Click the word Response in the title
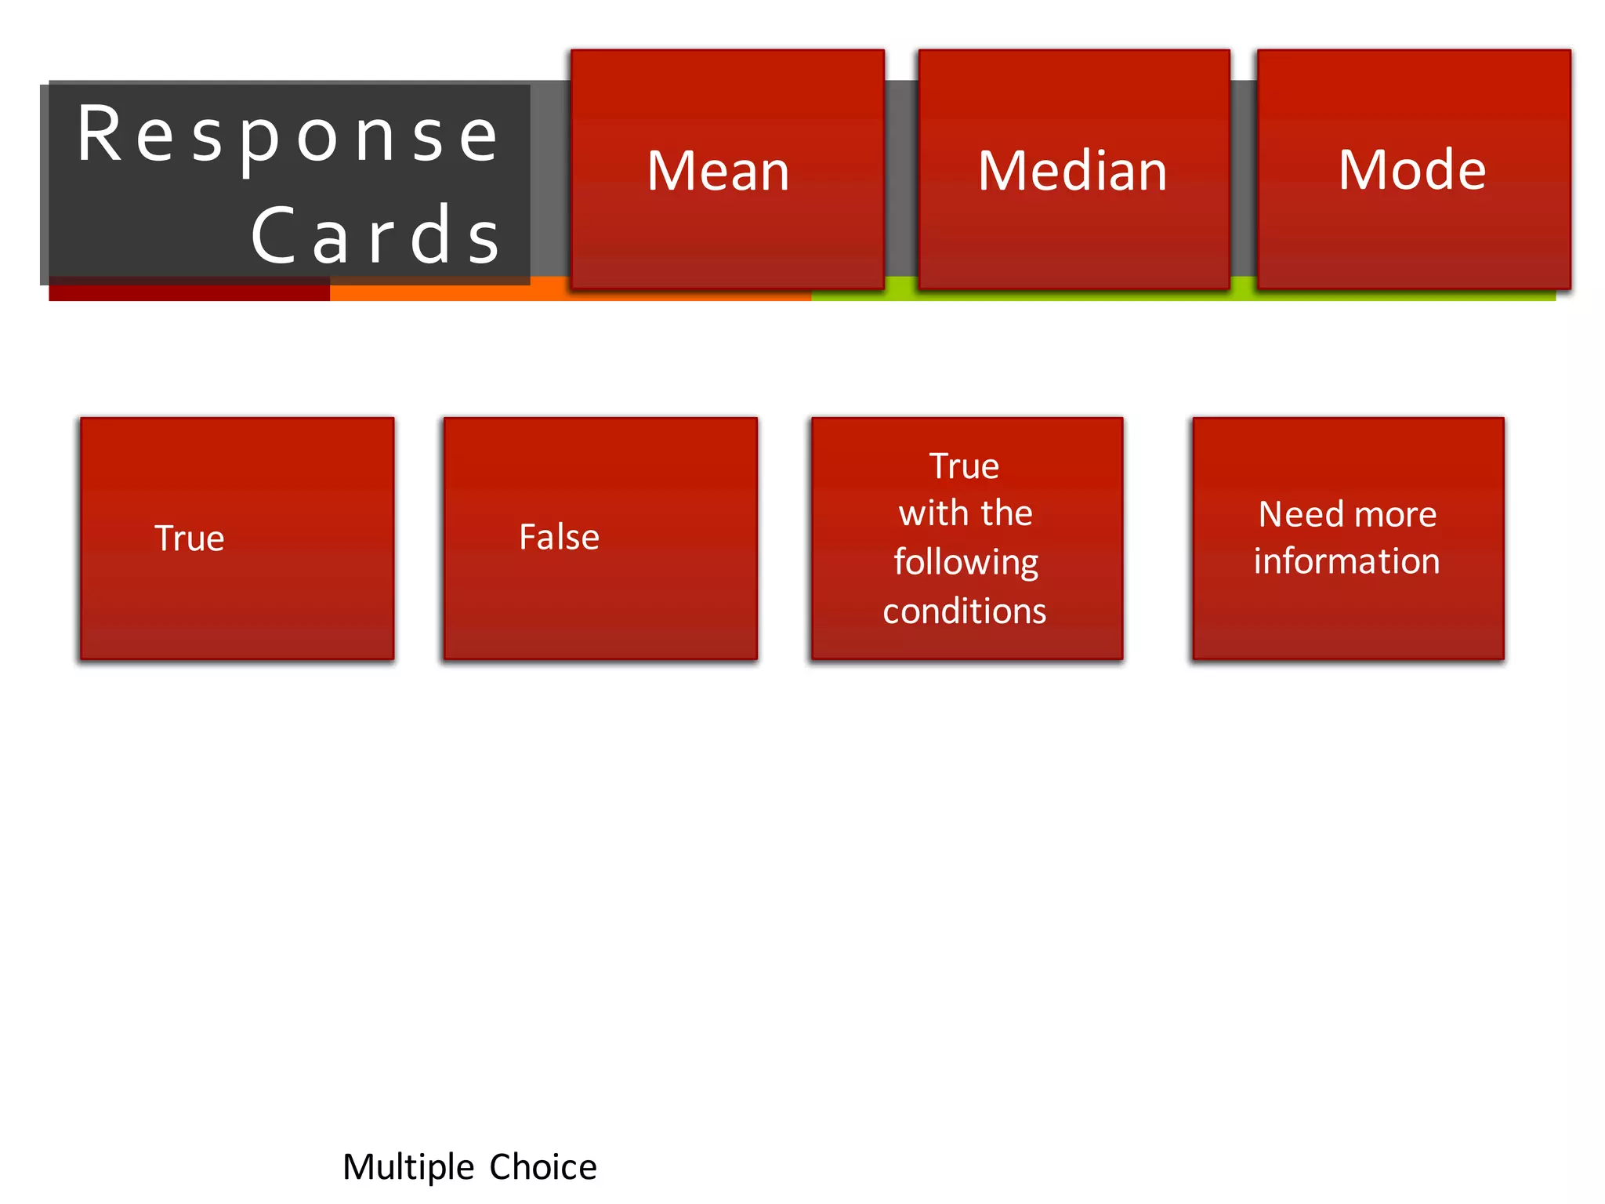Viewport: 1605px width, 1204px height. click(288, 136)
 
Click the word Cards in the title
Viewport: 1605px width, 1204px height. click(376, 235)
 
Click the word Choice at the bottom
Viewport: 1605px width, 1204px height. click(543, 1167)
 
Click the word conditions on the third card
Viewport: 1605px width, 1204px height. click(964, 611)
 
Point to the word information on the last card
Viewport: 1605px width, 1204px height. click(1346, 561)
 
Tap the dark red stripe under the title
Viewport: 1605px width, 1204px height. click(188, 293)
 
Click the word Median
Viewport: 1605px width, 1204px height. click(1073, 171)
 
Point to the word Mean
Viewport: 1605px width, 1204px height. click(718, 171)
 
